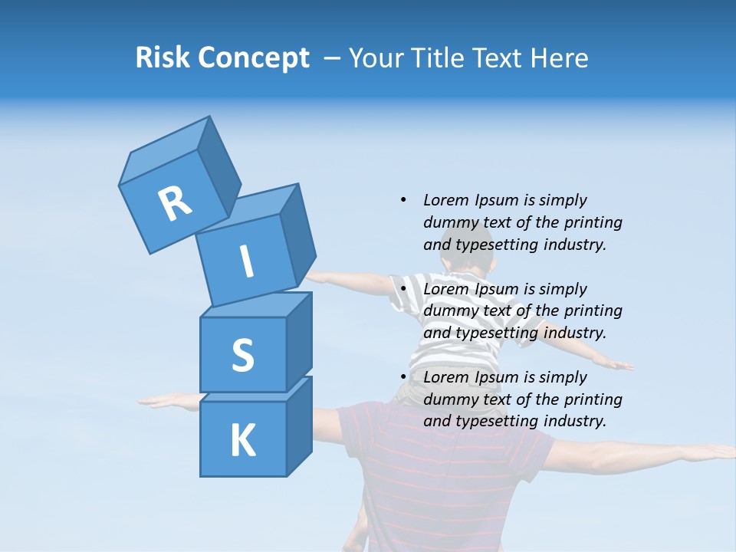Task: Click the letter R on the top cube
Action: pos(175,204)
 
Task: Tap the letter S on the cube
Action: pos(242,355)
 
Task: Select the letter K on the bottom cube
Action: pos(242,441)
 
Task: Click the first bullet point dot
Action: pos(402,200)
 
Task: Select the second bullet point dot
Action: pos(402,289)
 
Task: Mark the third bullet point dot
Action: pos(402,377)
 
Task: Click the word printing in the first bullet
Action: pos(593,222)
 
